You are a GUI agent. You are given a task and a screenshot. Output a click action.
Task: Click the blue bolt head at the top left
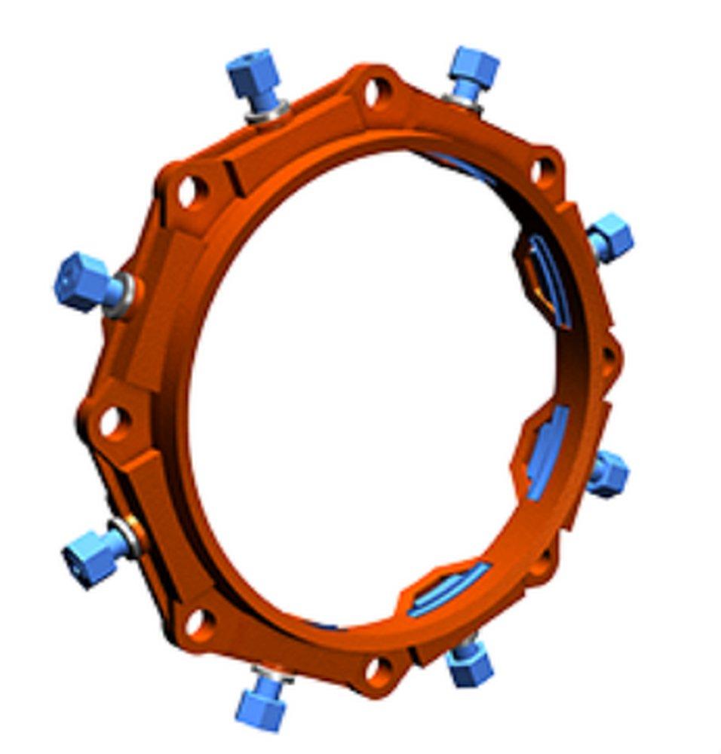[253, 75]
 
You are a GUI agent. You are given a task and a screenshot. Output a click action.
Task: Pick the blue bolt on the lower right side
[608, 474]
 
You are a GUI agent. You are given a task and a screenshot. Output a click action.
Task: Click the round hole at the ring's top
[376, 93]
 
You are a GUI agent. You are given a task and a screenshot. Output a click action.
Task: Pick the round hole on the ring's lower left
[198, 623]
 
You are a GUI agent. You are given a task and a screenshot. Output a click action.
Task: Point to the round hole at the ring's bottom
[379, 667]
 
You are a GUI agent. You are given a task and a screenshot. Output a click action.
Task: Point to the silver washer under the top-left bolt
[268, 112]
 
